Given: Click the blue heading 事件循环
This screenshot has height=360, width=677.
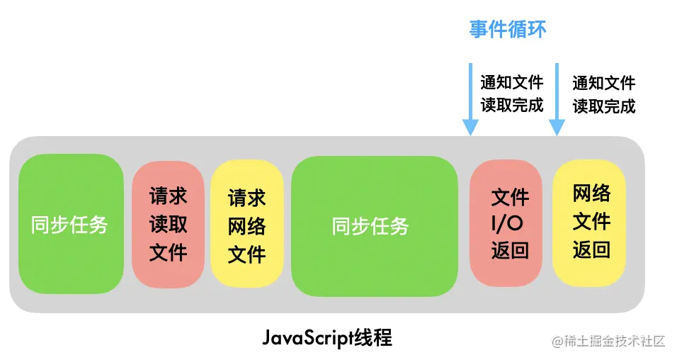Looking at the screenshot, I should click(x=508, y=29).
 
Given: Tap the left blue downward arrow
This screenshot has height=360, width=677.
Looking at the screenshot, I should click(x=469, y=99).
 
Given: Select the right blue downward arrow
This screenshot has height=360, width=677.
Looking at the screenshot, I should click(x=557, y=99).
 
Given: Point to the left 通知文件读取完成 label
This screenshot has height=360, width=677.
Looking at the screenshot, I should click(x=512, y=94).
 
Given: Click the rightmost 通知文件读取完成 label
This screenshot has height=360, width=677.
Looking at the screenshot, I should click(x=603, y=94).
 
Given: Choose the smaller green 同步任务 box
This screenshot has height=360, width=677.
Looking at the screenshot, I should click(x=71, y=224).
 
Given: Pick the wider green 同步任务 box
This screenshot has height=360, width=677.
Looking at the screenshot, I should click(x=373, y=226).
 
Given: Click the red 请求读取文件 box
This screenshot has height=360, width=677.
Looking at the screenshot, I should click(x=168, y=224).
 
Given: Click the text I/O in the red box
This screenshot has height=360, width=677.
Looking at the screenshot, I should click(x=510, y=224).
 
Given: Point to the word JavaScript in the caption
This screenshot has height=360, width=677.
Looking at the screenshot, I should click(x=307, y=337).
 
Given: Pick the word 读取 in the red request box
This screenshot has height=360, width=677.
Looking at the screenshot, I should click(x=169, y=225).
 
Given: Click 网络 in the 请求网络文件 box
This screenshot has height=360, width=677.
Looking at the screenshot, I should click(x=246, y=226).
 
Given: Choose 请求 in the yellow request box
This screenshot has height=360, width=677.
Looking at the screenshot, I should click(x=246, y=198).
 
